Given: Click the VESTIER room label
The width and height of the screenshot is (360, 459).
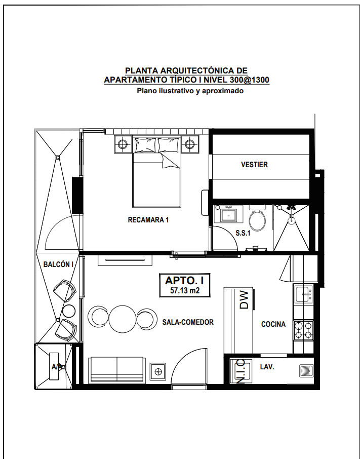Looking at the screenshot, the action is click(254, 165).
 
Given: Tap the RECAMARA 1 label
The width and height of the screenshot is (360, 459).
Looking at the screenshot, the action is click(148, 219).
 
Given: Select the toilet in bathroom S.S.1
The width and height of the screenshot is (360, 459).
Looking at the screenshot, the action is click(257, 217).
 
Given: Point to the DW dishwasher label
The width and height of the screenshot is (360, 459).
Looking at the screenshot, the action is click(244, 300).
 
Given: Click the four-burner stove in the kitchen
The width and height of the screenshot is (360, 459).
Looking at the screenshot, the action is click(303, 330).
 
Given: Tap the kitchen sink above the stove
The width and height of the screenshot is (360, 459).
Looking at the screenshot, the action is click(304, 294).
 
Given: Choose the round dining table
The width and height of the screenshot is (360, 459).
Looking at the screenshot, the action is click(123, 319).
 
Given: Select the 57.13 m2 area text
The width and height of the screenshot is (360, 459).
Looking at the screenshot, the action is click(185, 290).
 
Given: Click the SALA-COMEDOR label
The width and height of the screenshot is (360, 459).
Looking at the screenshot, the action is click(188, 322).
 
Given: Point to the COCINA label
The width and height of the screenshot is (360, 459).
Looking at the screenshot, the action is click(273, 324).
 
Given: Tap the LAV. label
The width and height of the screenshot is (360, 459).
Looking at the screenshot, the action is click(267, 367).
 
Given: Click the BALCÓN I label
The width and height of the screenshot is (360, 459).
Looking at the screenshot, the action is click(58, 264).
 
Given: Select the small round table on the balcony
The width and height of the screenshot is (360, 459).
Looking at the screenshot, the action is click(69, 311).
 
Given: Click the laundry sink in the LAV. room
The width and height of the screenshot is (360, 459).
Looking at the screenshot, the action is click(306, 371).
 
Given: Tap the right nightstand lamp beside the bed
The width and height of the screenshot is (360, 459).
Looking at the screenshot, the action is click(190, 144).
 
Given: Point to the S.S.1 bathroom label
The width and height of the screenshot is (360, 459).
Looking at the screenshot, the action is click(243, 234).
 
